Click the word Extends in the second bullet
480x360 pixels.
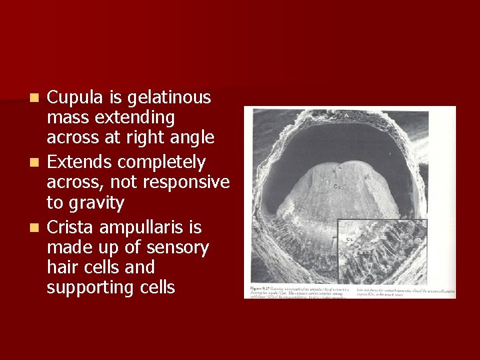pyautogui.click(x=79, y=163)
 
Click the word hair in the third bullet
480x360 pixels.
pyautogui.click(x=62, y=268)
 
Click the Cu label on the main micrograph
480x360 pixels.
pyautogui.click(x=337, y=187)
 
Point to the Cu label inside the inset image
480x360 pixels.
pyautogui.click(x=349, y=238)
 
